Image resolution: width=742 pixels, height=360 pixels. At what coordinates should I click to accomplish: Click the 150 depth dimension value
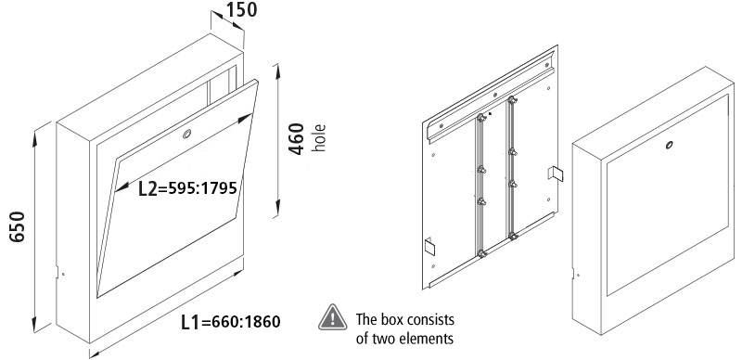(x=241, y=9)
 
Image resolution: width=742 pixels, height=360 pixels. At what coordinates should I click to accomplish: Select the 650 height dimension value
(x=17, y=227)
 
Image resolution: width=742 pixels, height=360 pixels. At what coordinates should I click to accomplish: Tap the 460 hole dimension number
(x=297, y=139)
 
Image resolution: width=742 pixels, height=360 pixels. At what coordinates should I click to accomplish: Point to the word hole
(x=320, y=138)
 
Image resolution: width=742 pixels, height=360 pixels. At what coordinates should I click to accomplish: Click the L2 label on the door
(x=147, y=188)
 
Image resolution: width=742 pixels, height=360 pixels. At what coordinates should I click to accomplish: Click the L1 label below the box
(x=191, y=322)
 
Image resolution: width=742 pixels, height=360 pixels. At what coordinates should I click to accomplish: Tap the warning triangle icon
(x=333, y=317)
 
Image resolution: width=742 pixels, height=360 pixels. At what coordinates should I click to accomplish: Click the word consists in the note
(x=433, y=320)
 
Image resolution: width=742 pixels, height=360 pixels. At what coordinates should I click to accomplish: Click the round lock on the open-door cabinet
(x=187, y=134)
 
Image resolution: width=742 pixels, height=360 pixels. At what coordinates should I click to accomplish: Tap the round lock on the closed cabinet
(x=669, y=145)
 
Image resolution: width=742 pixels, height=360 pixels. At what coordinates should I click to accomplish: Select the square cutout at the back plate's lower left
(x=429, y=246)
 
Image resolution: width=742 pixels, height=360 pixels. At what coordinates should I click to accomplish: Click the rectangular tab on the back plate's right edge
(x=556, y=174)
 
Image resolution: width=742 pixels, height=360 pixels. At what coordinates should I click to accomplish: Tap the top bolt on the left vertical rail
(x=481, y=118)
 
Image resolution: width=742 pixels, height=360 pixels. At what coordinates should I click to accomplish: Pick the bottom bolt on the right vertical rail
(x=513, y=235)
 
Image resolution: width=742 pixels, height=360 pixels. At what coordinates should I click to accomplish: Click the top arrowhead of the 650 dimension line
(x=34, y=139)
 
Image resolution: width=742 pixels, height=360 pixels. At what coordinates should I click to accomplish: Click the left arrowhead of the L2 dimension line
(x=122, y=188)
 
